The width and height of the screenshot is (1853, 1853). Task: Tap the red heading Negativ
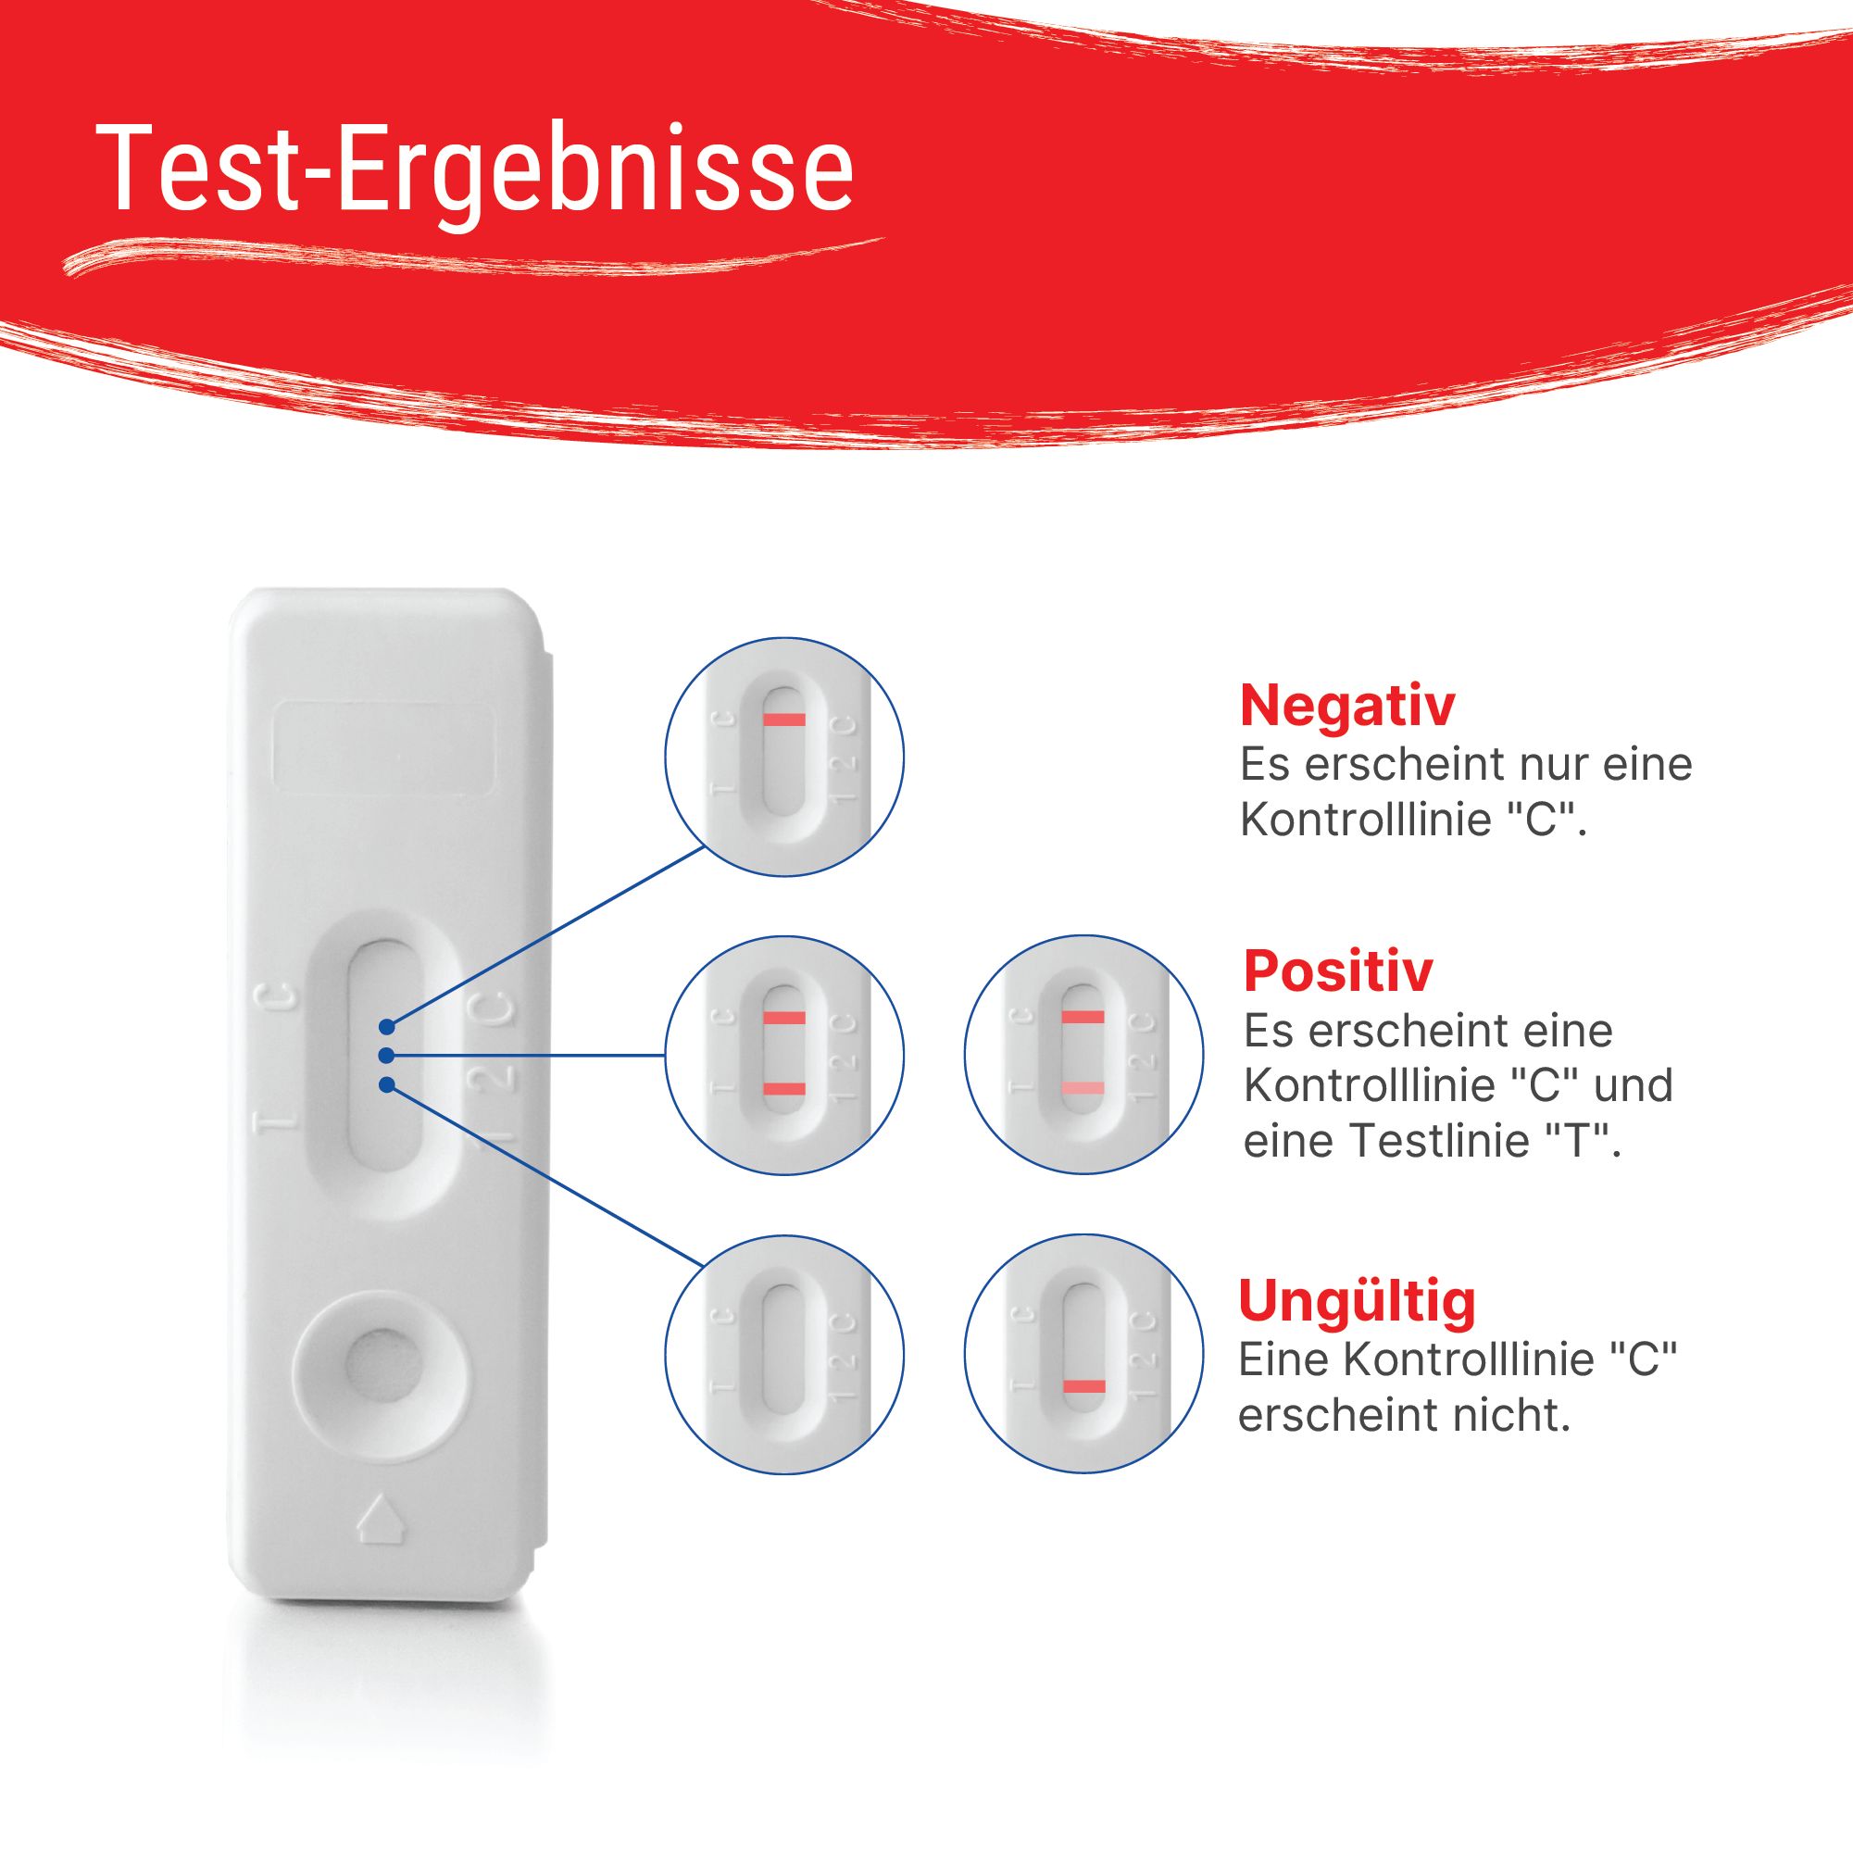1346,706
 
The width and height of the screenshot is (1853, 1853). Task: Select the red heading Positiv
1337,970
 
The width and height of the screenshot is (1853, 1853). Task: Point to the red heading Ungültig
1356,1300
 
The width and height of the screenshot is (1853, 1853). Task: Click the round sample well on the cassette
381,1364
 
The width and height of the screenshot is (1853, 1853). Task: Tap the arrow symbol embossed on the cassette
382,1519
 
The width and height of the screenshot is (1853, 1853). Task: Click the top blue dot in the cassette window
386,1026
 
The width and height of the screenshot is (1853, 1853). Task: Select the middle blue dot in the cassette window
385,1055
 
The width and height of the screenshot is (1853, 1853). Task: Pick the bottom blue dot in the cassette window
386,1084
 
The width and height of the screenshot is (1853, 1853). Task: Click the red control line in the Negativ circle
783,720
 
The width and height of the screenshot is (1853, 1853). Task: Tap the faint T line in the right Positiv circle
1083,1087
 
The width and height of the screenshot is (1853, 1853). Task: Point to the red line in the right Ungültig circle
1083,1386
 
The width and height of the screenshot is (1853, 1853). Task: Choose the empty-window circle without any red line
783,1353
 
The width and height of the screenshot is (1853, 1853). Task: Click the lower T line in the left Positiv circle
783,1087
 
